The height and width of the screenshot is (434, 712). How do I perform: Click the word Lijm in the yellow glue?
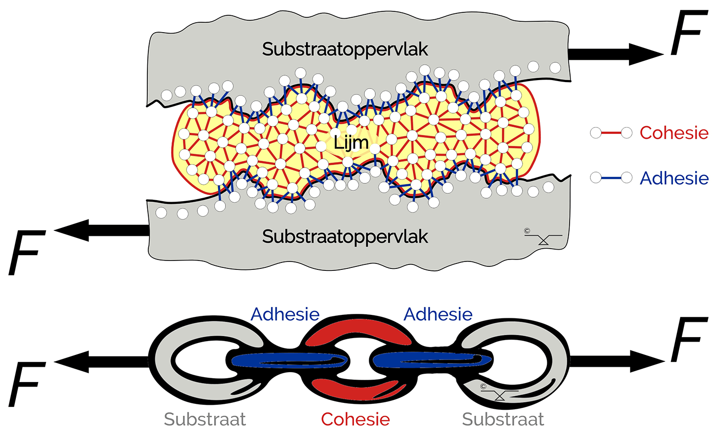351,143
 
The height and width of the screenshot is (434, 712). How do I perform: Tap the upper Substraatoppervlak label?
345,49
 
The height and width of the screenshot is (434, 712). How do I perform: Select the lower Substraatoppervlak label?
345,237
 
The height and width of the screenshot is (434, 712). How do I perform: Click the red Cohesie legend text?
674,133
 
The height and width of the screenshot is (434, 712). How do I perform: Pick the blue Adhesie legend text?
674,178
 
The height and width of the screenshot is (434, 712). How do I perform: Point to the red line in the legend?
611,133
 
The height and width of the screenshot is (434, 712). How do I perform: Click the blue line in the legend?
611,177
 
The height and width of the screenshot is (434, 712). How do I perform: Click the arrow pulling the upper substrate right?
613,53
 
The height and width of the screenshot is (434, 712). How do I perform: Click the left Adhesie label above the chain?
285,314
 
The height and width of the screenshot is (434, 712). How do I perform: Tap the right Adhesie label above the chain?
438,314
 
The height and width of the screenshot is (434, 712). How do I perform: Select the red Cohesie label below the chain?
355,420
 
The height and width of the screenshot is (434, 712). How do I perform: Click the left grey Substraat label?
205,420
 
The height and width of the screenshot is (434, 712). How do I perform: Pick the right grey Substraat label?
503,420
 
